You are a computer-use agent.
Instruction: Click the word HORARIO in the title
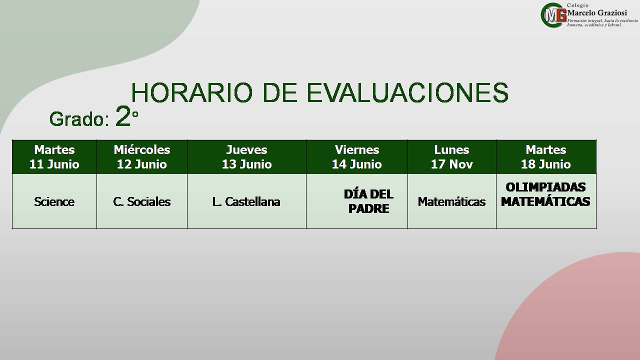tap(192, 92)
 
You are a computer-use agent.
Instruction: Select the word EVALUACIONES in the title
tap(407, 92)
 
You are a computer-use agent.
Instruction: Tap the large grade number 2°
tap(127, 115)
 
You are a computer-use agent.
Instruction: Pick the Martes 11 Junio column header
tap(54, 157)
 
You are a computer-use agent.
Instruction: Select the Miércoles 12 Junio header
tap(142, 157)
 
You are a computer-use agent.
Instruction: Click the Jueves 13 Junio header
tap(246, 157)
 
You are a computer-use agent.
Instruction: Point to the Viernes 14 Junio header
tap(357, 157)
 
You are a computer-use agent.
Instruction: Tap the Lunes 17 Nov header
tap(451, 157)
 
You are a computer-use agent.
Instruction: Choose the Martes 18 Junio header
tap(546, 157)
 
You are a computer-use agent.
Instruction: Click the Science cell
tap(54, 201)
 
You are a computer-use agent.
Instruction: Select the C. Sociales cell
tap(142, 201)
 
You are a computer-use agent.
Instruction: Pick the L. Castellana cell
tap(246, 201)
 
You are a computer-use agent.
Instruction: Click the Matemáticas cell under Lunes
tap(451, 201)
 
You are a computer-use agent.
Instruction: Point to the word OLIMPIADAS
tap(545, 187)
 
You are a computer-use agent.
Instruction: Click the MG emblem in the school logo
tap(553, 15)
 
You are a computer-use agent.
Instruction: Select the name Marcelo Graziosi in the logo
tap(597, 13)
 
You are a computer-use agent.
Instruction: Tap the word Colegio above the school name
tap(577, 5)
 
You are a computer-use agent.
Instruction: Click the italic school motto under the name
tap(602, 23)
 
